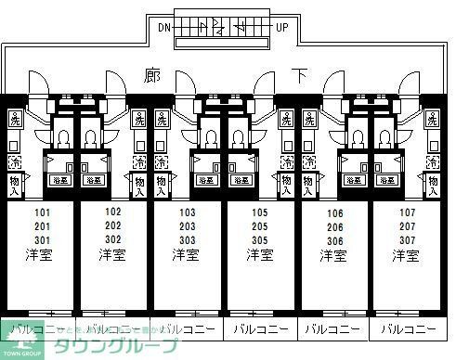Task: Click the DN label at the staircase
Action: pos(163,27)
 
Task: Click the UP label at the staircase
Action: pos(282,27)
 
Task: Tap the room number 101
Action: pos(42,212)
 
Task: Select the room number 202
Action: pos(113,225)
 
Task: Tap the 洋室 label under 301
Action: pos(42,254)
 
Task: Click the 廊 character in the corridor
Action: pos(152,73)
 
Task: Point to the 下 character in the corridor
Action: pos(299,73)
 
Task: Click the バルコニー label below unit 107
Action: pos(409,328)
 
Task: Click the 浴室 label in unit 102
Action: pos(94,181)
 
